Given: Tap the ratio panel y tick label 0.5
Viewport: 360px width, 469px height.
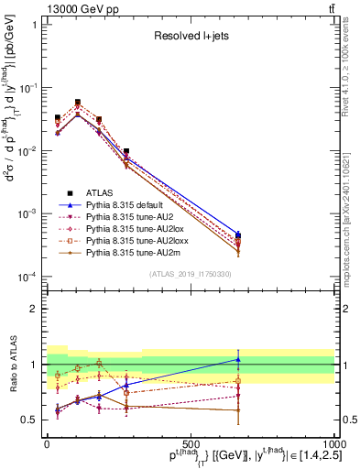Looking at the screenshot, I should click(x=27, y=420).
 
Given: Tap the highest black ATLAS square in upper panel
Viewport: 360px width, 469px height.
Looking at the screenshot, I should click(x=78, y=103).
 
